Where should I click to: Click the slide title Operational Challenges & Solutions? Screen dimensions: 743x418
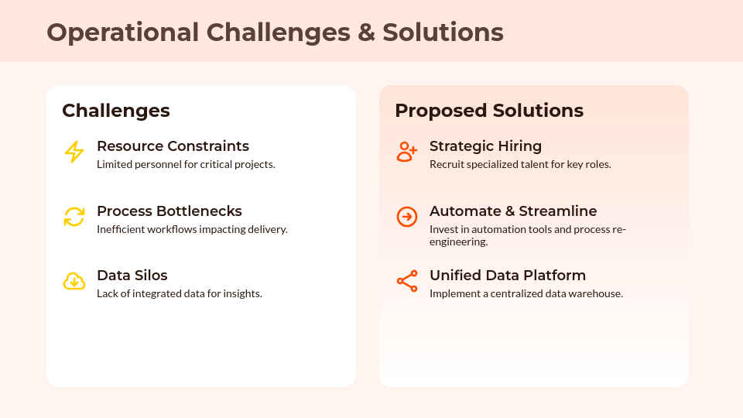coord(275,33)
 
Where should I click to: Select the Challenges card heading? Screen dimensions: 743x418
coord(115,111)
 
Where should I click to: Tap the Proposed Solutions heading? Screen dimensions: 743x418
coord(489,111)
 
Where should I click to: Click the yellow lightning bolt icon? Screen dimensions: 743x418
coord(74,152)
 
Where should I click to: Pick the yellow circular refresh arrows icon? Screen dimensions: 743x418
coord(74,217)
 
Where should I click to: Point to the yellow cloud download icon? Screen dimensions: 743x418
coord(74,281)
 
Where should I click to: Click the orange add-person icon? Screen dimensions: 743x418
coord(407,152)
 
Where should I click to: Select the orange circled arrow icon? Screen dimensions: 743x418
coord(407,217)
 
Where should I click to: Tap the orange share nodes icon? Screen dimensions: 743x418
coord(407,281)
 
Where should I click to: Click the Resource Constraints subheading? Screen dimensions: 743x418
coord(173,146)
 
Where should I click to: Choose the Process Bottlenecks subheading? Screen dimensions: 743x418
coord(169,211)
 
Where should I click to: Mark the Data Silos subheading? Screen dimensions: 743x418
coord(132,276)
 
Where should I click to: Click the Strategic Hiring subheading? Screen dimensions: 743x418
coord(486,146)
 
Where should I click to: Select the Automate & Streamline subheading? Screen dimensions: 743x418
coord(513,211)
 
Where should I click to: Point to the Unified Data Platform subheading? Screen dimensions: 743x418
coord(508,276)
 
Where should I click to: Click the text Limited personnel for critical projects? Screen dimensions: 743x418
coord(186,164)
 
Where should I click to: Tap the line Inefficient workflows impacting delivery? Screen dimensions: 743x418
coord(192,229)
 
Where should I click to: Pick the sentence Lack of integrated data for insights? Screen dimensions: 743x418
coord(179,294)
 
